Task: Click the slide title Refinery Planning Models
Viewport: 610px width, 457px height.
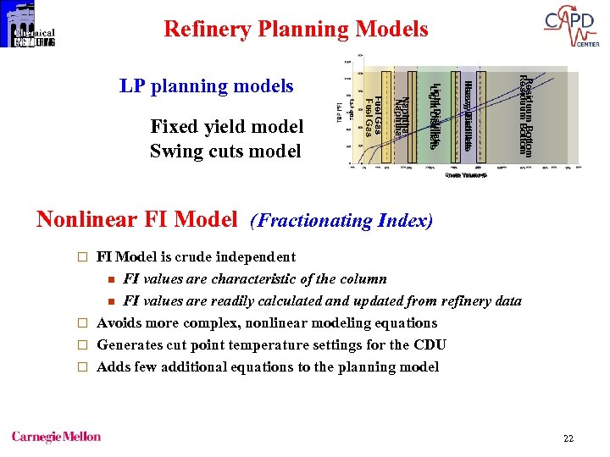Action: pos(296,30)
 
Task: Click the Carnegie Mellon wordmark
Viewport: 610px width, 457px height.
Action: pos(56,437)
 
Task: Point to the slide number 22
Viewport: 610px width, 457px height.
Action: pos(568,438)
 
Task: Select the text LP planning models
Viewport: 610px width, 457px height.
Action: pos(206,85)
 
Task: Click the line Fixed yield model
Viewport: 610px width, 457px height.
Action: pos(226,127)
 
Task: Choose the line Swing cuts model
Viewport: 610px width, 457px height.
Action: pos(225,151)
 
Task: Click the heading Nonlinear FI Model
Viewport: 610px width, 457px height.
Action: pos(136,220)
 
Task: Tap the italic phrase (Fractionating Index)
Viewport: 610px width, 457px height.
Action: pos(341,221)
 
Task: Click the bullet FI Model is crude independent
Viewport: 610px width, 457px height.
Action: pos(196,256)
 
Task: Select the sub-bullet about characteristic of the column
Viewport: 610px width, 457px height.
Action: pos(255,278)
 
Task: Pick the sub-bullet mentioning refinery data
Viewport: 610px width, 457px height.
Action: pos(322,300)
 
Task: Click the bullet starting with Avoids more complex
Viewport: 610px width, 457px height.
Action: pos(267,322)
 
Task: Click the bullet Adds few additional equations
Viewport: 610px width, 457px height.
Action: pos(268,366)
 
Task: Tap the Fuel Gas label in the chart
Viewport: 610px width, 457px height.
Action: pos(373,116)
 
